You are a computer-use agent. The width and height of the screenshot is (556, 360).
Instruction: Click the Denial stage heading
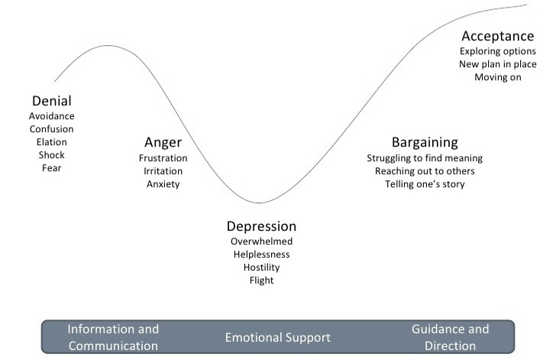click(x=52, y=101)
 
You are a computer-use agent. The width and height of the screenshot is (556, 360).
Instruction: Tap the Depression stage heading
click(x=261, y=226)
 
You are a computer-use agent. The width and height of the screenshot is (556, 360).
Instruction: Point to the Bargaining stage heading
click(x=425, y=142)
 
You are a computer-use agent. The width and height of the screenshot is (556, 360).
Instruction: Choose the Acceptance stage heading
click(x=497, y=36)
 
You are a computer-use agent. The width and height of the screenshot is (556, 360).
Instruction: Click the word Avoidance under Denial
click(x=52, y=116)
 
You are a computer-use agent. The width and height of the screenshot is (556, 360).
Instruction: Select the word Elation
click(x=52, y=142)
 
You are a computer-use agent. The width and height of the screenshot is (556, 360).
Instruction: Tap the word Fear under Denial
click(x=52, y=168)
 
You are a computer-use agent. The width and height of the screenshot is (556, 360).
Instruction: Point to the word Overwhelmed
click(x=261, y=242)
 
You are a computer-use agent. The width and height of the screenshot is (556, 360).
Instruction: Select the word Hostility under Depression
click(x=261, y=268)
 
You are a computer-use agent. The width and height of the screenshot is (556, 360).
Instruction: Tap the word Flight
click(x=261, y=281)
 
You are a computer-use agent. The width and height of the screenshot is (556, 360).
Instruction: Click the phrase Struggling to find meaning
click(x=425, y=158)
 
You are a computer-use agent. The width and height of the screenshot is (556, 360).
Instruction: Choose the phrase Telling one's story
click(x=425, y=184)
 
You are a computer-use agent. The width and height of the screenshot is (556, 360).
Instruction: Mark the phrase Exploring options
click(x=497, y=51)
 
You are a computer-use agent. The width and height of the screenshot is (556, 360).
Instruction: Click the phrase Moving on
click(x=497, y=77)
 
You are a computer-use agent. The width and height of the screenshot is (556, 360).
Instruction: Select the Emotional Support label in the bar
click(x=277, y=337)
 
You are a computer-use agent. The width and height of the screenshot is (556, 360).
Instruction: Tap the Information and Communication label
click(x=113, y=337)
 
